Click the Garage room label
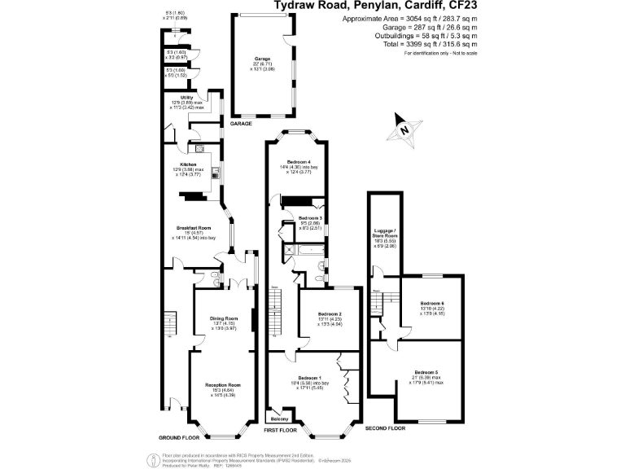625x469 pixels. pyautogui.click(x=261, y=59)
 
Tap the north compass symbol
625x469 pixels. pyautogui.click(x=404, y=130)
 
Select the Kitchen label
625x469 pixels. pyautogui.click(x=188, y=164)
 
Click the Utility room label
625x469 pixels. pyautogui.click(x=186, y=97)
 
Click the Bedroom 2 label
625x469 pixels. pyautogui.click(x=329, y=313)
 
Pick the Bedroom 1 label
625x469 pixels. pyautogui.click(x=310, y=379)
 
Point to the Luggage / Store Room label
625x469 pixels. pyautogui.click(x=383, y=233)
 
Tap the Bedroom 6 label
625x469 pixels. pyautogui.click(x=432, y=303)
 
